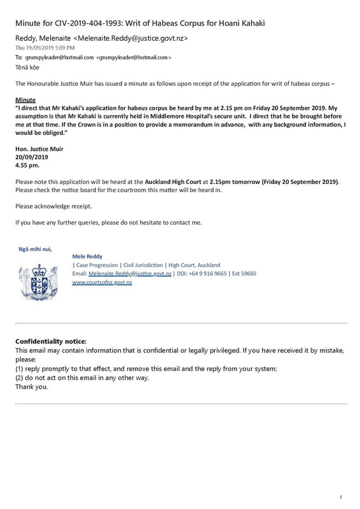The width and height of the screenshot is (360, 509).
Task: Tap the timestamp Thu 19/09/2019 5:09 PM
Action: click(x=45, y=48)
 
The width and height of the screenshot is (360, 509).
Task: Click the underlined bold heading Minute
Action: click(x=25, y=101)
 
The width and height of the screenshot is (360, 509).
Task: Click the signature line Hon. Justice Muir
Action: click(x=39, y=150)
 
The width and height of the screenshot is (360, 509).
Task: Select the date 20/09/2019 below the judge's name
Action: click(x=32, y=157)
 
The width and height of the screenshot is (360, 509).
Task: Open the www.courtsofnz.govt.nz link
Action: click(x=102, y=281)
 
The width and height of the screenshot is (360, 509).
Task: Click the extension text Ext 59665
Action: click(x=245, y=273)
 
